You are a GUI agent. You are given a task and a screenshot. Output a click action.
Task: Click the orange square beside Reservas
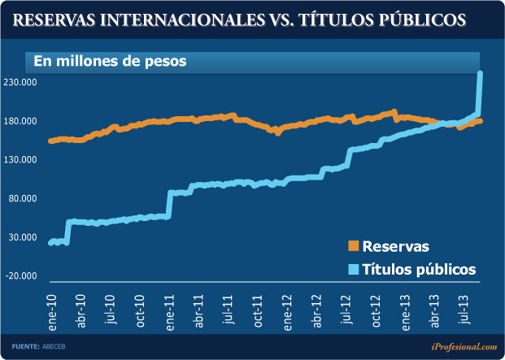click(x=353, y=246)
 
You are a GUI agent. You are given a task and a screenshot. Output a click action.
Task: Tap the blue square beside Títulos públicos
click(x=353, y=269)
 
